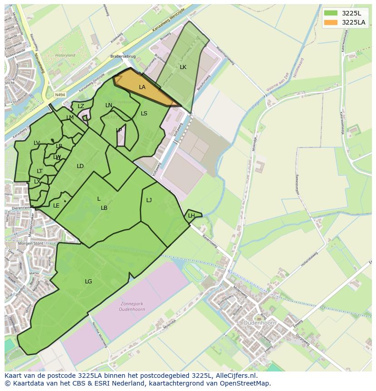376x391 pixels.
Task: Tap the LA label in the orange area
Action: (142, 87)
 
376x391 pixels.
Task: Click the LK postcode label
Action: (183, 67)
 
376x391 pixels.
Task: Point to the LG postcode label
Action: (89, 282)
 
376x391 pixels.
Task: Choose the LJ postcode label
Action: (149, 200)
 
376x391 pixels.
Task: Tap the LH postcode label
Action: (191, 216)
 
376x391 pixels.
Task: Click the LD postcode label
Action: (80, 166)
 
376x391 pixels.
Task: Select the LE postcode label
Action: (56, 206)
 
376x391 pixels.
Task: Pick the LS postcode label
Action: (144, 114)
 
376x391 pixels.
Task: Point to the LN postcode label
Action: (109, 105)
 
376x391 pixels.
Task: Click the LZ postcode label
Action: (81, 106)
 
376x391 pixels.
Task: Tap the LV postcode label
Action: (37, 143)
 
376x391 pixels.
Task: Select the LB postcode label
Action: (104, 208)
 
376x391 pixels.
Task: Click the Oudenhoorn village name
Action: (259, 322)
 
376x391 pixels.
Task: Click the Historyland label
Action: (65, 55)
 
